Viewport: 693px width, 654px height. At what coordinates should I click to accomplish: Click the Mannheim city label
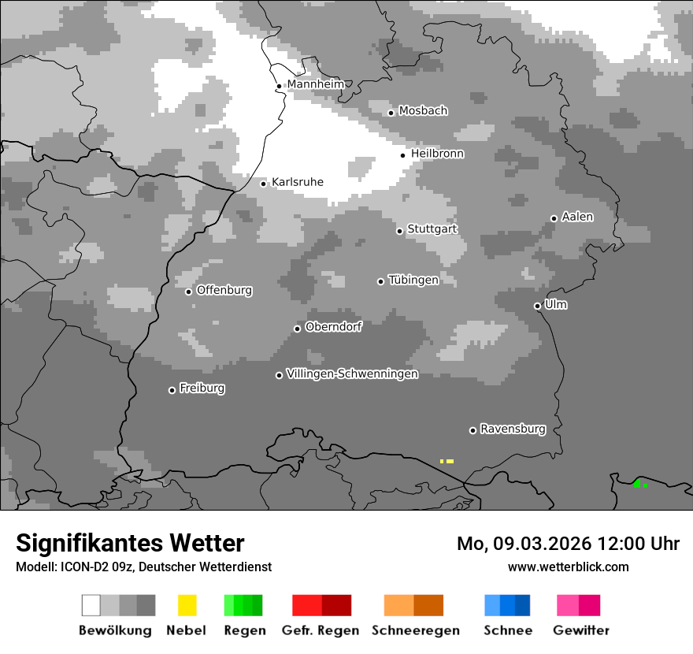[316, 84]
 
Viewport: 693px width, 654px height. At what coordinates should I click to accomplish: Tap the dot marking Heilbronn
[403, 155]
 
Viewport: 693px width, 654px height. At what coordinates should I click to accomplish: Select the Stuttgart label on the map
[432, 229]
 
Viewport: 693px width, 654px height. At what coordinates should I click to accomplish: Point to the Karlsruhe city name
[298, 182]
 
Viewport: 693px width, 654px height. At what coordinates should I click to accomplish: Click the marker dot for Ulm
[538, 306]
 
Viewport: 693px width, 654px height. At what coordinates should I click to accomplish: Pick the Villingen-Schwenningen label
[352, 373]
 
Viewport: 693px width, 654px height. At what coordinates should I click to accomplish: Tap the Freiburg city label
[202, 388]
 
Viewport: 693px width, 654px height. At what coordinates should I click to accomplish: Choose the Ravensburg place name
[513, 429]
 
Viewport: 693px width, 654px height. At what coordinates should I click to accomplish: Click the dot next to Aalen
[554, 218]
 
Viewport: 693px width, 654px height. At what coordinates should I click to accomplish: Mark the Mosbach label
[423, 111]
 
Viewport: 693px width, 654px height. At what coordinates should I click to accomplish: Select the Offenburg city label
[224, 290]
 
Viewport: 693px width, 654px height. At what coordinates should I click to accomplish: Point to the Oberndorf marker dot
[298, 329]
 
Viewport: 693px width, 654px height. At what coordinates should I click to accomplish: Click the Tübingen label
[413, 280]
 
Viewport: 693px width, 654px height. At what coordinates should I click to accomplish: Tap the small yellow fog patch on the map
[447, 461]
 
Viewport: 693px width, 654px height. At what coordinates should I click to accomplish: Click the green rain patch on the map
[639, 484]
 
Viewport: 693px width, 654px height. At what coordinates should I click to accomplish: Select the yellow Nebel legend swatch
[187, 605]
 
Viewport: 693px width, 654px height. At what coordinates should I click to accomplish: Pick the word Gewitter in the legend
[581, 630]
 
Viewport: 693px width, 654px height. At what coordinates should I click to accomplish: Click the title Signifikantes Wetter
[130, 543]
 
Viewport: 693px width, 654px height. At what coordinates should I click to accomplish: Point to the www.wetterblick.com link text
[568, 567]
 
